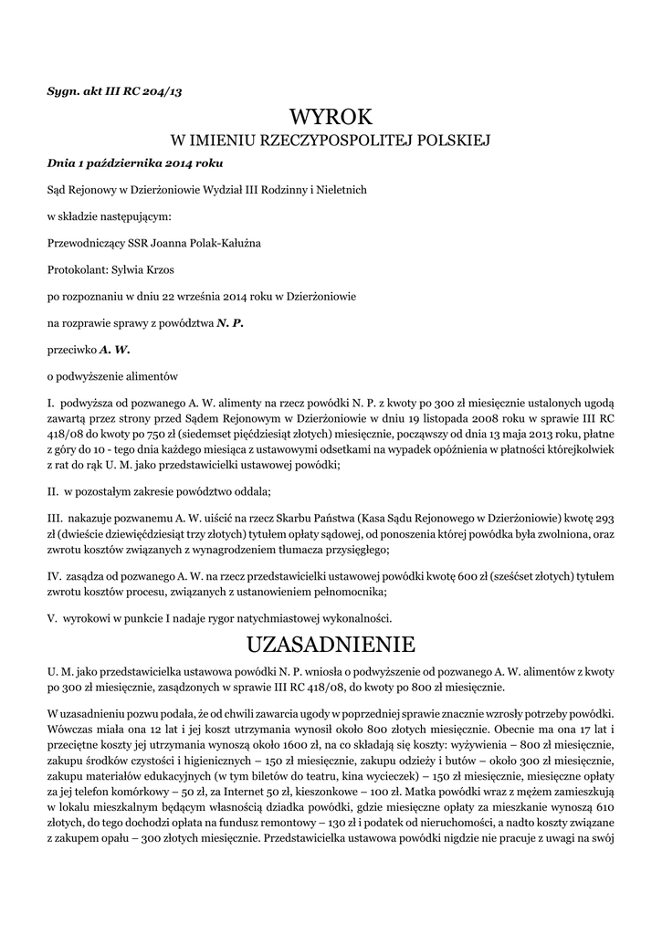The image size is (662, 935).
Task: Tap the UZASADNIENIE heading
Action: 331,644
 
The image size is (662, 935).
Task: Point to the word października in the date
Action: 119,164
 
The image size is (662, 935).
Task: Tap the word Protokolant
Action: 77,270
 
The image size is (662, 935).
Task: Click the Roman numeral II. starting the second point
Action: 53,491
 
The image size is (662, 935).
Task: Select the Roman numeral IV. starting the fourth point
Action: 54,577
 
